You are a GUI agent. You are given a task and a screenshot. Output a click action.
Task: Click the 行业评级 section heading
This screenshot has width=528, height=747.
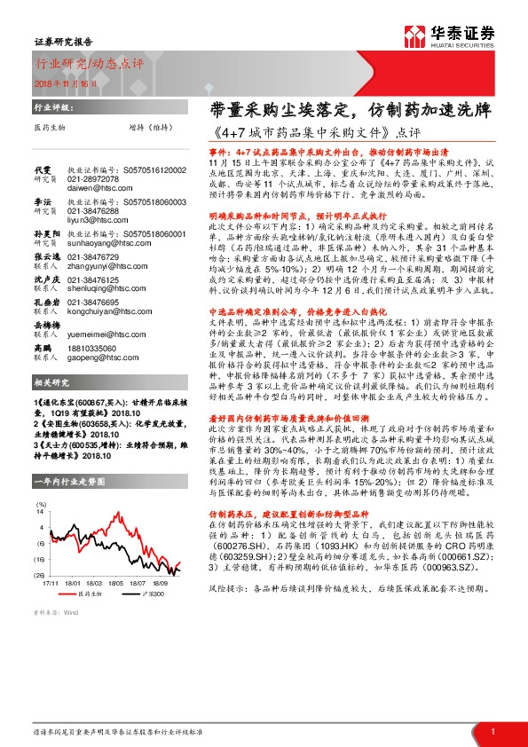click(x=51, y=105)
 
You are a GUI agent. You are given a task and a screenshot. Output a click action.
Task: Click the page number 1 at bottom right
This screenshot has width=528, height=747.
click(x=493, y=732)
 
